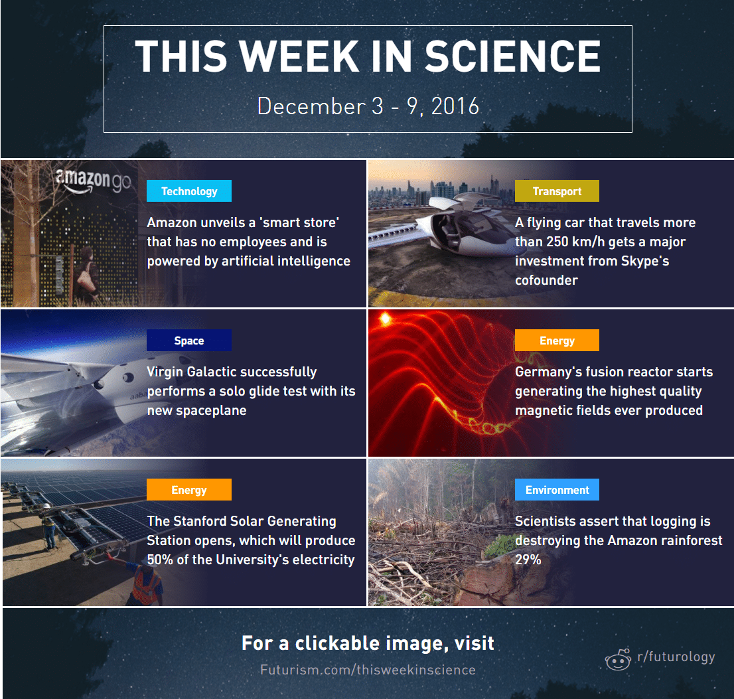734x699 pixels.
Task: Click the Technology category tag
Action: click(x=189, y=191)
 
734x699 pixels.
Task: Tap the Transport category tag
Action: click(x=557, y=191)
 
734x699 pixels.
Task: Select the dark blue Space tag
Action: click(x=189, y=341)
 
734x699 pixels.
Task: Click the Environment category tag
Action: click(x=557, y=490)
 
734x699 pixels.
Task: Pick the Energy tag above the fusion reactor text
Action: click(x=557, y=341)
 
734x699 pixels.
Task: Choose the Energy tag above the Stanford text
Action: click(x=189, y=490)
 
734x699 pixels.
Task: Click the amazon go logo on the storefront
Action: click(x=94, y=181)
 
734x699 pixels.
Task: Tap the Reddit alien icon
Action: click(x=618, y=659)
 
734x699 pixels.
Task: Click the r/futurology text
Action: click(x=676, y=657)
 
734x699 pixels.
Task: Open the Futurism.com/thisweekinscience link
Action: click(x=368, y=670)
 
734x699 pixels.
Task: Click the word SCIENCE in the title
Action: click(x=512, y=56)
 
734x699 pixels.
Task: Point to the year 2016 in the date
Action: click(x=455, y=106)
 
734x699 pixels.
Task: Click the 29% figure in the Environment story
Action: click(x=528, y=560)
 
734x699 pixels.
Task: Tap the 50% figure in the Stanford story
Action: click(x=160, y=560)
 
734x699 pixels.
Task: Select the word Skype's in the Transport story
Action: click(x=645, y=262)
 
